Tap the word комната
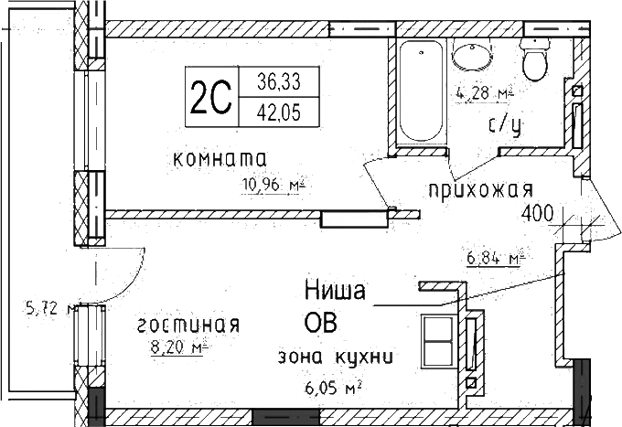219,159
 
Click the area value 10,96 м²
272,186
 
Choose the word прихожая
477,190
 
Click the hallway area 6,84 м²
495,259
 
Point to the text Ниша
335,292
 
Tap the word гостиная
188,326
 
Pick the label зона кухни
334,358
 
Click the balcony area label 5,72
46,309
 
